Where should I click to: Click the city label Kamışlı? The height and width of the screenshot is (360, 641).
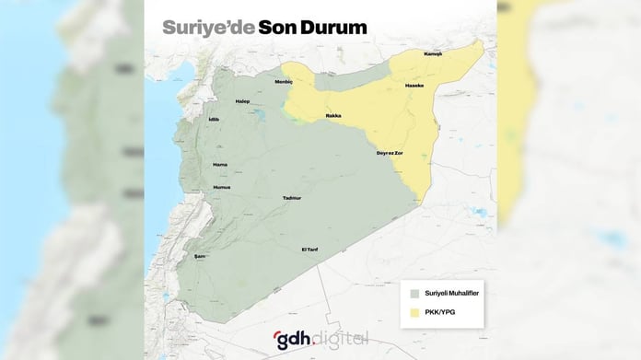point(434,54)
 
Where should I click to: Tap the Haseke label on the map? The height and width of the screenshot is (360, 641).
point(414,86)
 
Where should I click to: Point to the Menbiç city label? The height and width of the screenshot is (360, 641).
point(284,82)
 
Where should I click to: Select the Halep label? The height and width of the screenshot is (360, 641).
point(243,101)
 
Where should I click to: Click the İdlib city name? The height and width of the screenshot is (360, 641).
point(216,120)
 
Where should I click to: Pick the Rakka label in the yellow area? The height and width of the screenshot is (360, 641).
point(333,116)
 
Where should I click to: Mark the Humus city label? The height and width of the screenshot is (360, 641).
point(222,187)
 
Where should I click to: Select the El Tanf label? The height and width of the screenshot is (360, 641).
point(310,250)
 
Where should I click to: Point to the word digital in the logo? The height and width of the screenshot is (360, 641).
point(344,338)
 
